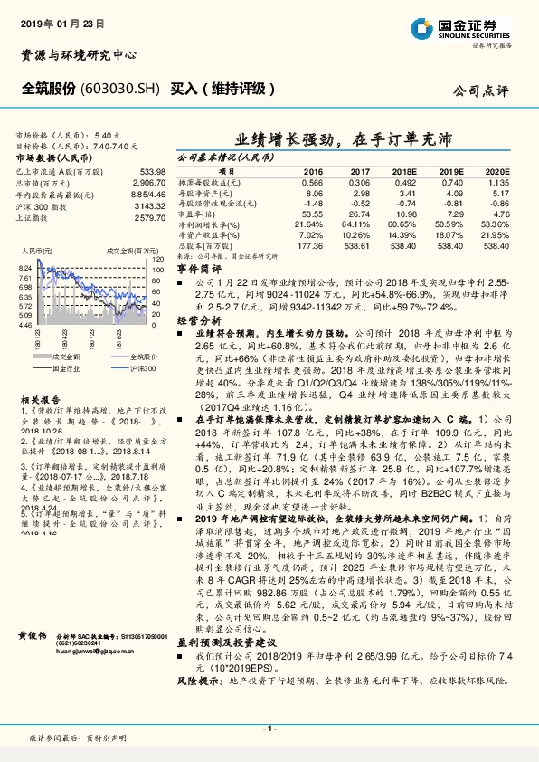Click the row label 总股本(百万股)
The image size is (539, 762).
(200, 244)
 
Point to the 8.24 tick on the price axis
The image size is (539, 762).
(25, 268)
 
